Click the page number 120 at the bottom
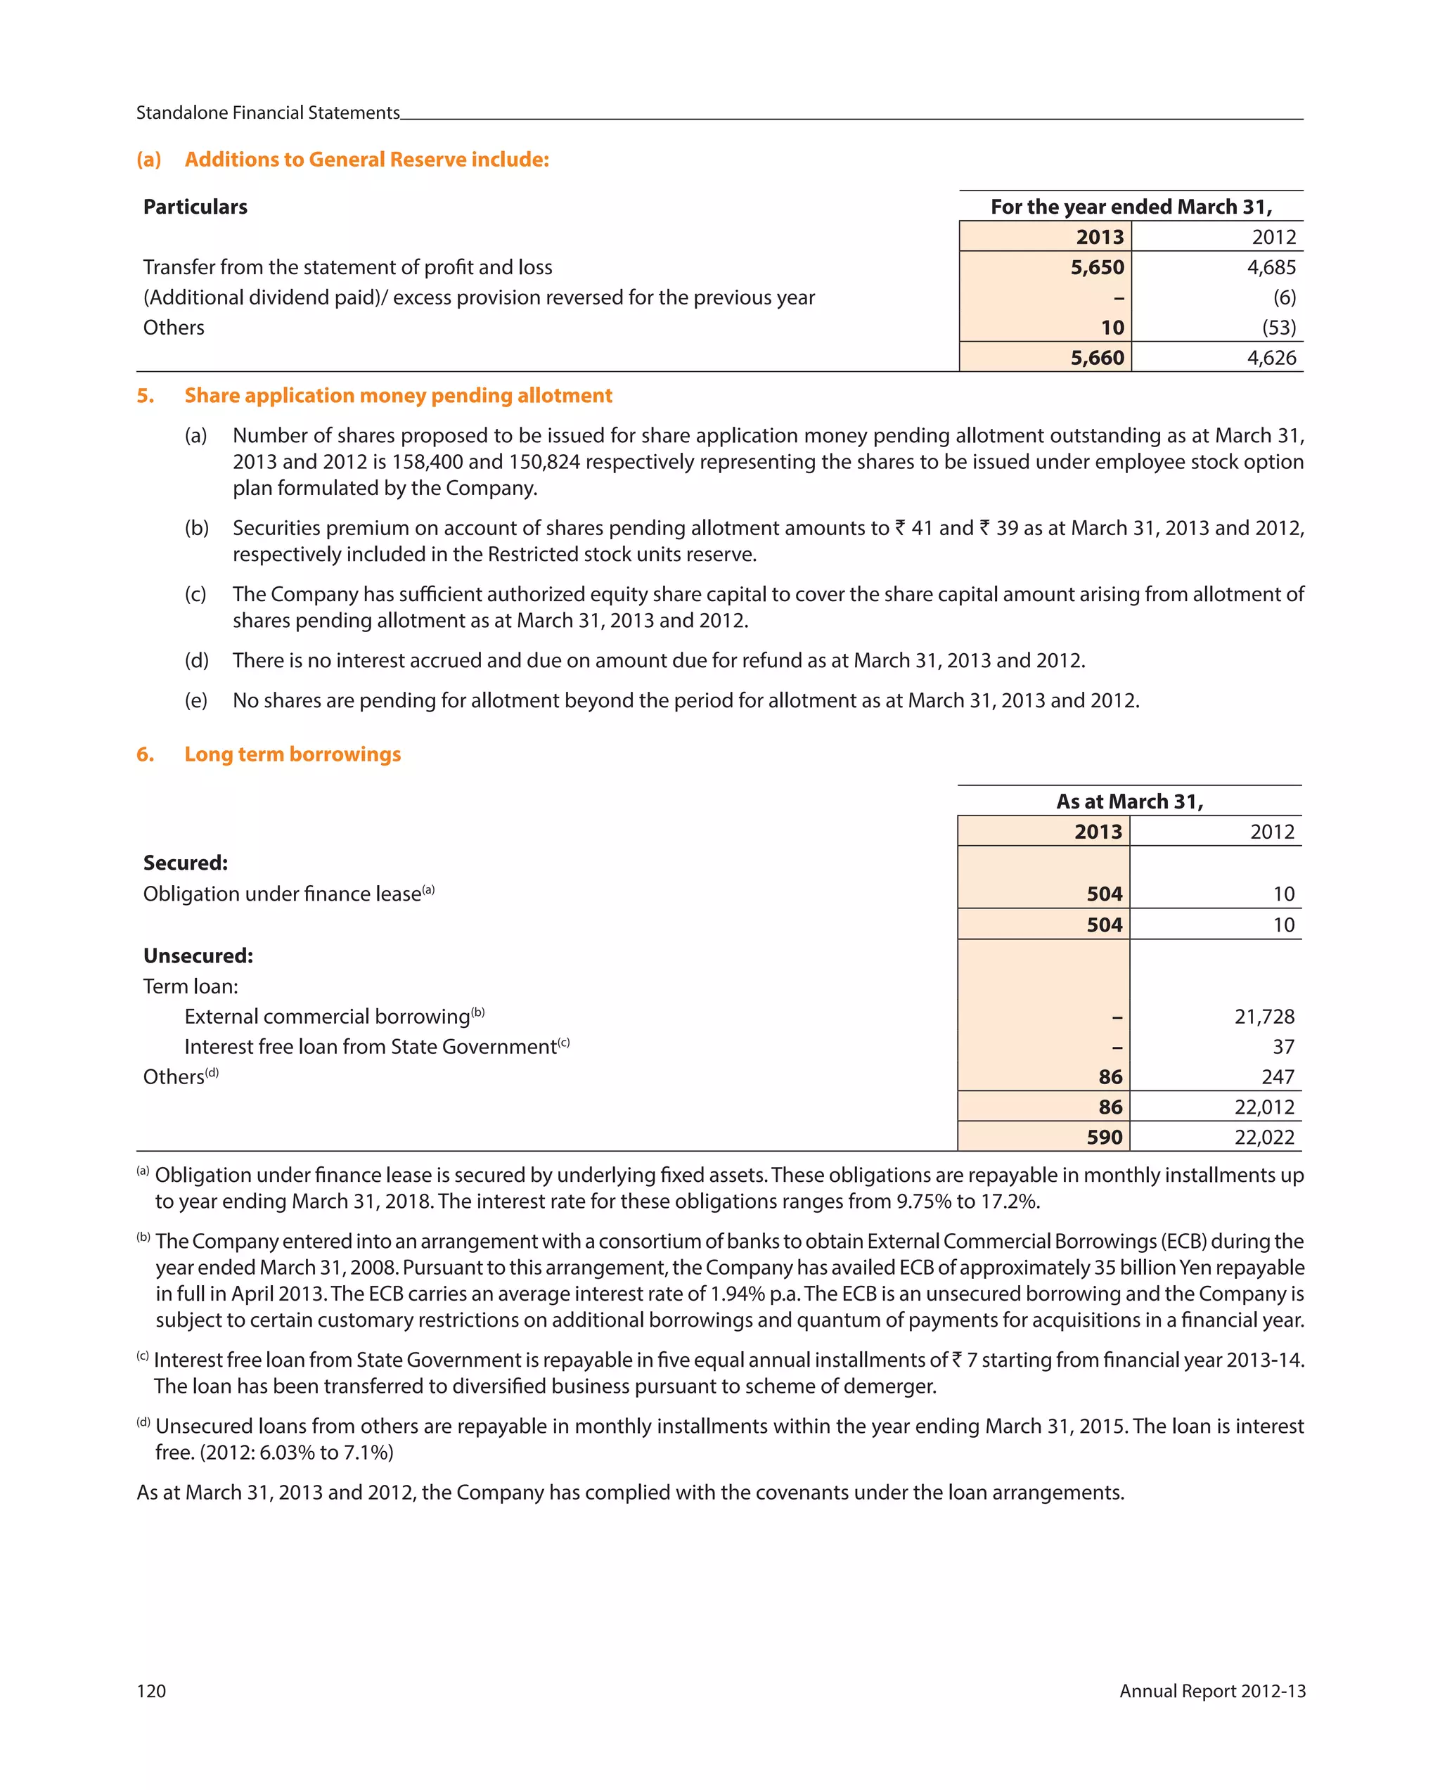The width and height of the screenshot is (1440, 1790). tap(151, 1691)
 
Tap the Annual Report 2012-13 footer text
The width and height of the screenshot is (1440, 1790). tap(1211, 1691)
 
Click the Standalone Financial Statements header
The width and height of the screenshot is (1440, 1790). tap(267, 113)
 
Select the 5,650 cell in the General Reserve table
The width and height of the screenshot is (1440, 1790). tap(1096, 267)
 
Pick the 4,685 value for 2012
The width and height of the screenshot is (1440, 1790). tap(1271, 267)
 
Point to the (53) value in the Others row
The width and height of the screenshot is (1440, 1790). tap(1278, 327)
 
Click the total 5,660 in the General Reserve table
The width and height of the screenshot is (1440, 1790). tap(1096, 358)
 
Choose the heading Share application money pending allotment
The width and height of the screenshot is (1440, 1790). tap(398, 395)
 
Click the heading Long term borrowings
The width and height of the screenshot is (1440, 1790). tap(292, 754)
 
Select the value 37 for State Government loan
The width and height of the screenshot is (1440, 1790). tap(1283, 1047)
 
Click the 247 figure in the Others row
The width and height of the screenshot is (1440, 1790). tap(1278, 1077)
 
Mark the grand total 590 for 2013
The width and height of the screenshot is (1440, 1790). tap(1104, 1138)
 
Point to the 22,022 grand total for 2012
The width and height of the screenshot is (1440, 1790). tap(1264, 1138)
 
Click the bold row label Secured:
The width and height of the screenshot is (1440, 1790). tap(185, 863)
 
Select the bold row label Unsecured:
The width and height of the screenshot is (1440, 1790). tap(198, 955)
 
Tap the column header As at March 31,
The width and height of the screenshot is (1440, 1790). tap(1129, 801)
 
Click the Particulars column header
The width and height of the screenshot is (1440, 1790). tap(195, 207)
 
